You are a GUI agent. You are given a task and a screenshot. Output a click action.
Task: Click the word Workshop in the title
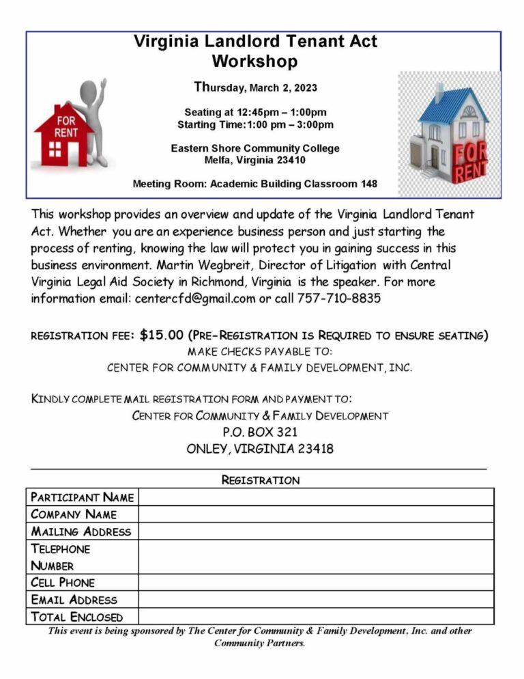pyautogui.click(x=254, y=61)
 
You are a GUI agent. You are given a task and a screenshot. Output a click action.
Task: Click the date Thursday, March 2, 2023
pyautogui.click(x=255, y=87)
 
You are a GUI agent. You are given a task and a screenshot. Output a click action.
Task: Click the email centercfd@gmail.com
pyautogui.click(x=195, y=299)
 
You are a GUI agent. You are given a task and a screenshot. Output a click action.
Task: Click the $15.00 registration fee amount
pyautogui.click(x=162, y=335)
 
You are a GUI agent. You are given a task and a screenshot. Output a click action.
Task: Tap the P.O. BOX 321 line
pyautogui.click(x=260, y=432)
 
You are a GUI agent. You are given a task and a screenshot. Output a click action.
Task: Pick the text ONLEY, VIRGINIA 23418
pyautogui.click(x=260, y=449)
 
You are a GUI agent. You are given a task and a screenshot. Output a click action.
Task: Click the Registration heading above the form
pyautogui.click(x=260, y=480)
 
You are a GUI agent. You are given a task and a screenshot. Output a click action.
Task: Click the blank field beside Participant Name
pyautogui.click(x=315, y=497)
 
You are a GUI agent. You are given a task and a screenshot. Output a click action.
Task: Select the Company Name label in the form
pyautogui.click(x=74, y=514)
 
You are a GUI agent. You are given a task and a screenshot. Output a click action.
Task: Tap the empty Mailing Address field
pyautogui.click(x=315, y=531)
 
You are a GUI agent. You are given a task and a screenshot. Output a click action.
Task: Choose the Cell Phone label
pyautogui.click(x=63, y=583)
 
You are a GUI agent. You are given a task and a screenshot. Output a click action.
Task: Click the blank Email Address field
pyautogui.click(x=315, y=600)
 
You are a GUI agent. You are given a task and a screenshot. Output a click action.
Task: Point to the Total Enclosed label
pyautogui.click(x=77, y=617)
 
